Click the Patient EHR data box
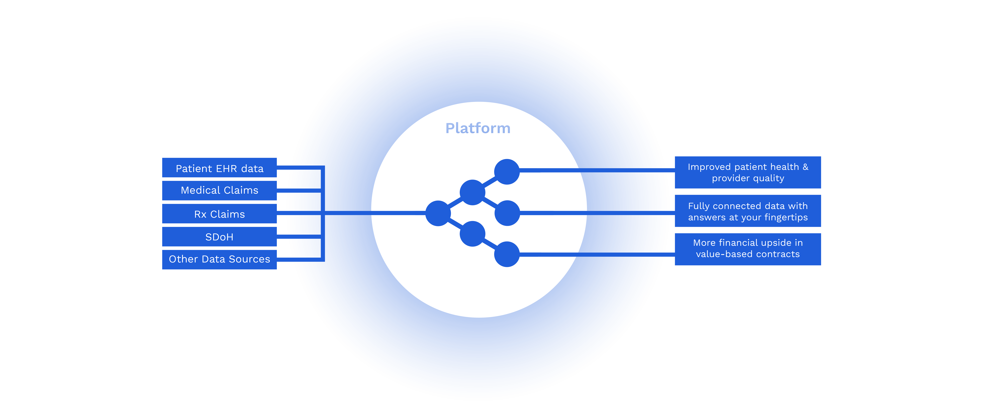click(219, 168)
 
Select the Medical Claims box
click(219, 190)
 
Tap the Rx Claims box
click(219, 214)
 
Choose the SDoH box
click(219, 237)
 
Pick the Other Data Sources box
click(219, 259)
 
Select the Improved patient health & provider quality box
click(748, 172)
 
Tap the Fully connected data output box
click(748, 211)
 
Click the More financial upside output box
click(748, 249)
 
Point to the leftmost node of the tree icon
click(438, 213)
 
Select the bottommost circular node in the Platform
click(507, 254)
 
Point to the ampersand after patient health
click(805, 167)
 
